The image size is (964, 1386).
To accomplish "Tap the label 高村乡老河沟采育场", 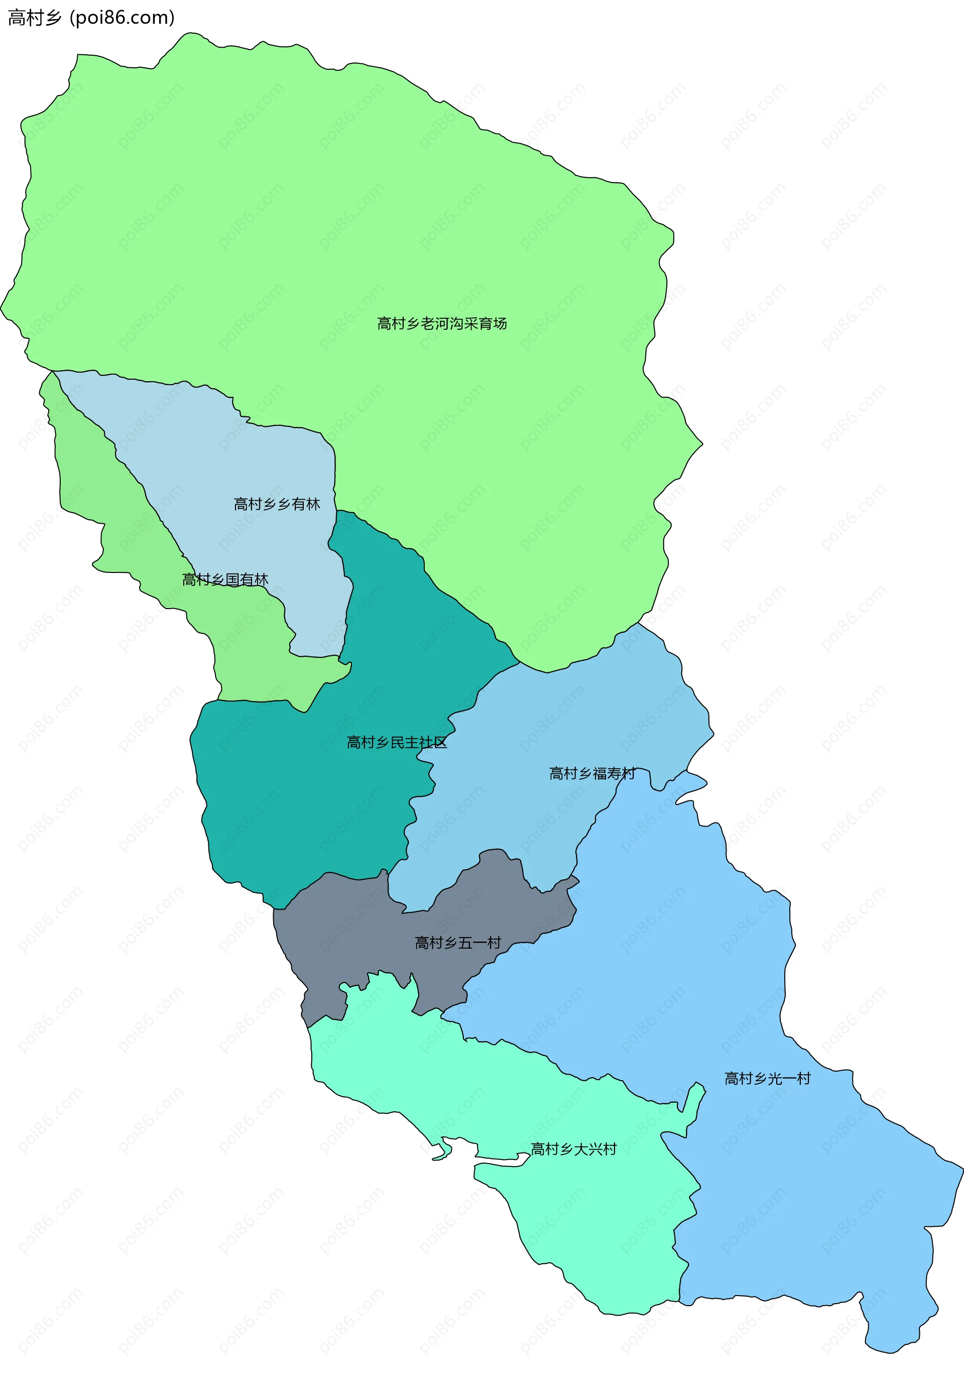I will click(441, 323).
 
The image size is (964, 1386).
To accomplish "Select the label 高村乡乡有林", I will click(277, 504).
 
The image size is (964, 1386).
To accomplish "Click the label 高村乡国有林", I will click(225, 580).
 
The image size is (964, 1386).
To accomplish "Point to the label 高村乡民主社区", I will click(397, 743).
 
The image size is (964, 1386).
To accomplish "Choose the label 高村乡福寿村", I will click(591, 773).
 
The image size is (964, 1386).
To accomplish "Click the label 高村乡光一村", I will click(767, 1078).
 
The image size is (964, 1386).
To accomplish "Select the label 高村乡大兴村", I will click(573, 1149).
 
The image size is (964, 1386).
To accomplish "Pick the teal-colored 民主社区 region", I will click(302, 803).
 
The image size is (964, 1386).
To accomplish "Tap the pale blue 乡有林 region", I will click(242, 459).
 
